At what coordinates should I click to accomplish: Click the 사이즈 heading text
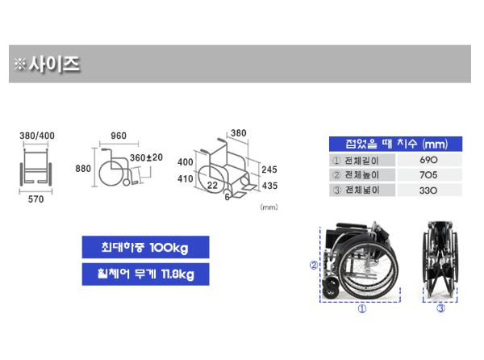tap(54, 65)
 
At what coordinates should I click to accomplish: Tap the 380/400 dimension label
tap(37, 136)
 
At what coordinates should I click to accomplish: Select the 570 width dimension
tap(35, 199)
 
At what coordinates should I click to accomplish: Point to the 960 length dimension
tap(119, 136)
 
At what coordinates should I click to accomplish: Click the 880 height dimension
tap(83, 169)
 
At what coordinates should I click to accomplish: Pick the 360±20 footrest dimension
tap(146, 157)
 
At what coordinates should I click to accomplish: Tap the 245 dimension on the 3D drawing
tap(269, 170)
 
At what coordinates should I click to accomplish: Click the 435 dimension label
tap(269, 186)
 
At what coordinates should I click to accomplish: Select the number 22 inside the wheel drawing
tap(212, 186)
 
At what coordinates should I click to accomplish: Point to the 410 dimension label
tap(186, 178)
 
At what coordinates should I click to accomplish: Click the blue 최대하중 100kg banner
tap(145, 247)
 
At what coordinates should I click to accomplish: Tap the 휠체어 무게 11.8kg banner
tap(145, 274)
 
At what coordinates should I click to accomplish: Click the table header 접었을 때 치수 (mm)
tap(396, 144)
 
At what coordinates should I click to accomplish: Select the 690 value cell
tap(429, 160)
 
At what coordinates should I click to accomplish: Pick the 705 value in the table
tap(429, 175)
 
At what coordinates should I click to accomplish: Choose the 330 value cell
tap(429, 190)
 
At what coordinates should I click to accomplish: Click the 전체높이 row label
tap(361, 175)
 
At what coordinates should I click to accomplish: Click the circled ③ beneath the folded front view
tap(440, 308)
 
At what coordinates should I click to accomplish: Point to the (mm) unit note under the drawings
tap(269, 207)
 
